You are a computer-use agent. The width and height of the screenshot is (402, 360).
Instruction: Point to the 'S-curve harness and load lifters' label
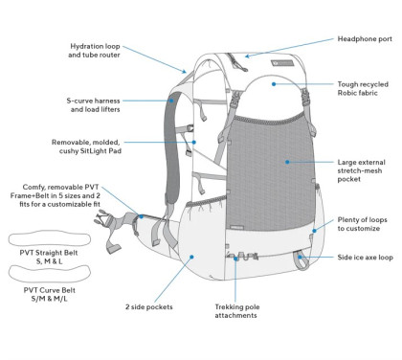99,104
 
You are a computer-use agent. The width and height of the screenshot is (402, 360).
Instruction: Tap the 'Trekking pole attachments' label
236,311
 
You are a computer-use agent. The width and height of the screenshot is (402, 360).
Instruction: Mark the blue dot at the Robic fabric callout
274,84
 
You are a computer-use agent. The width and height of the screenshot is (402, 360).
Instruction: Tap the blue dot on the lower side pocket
194,257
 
